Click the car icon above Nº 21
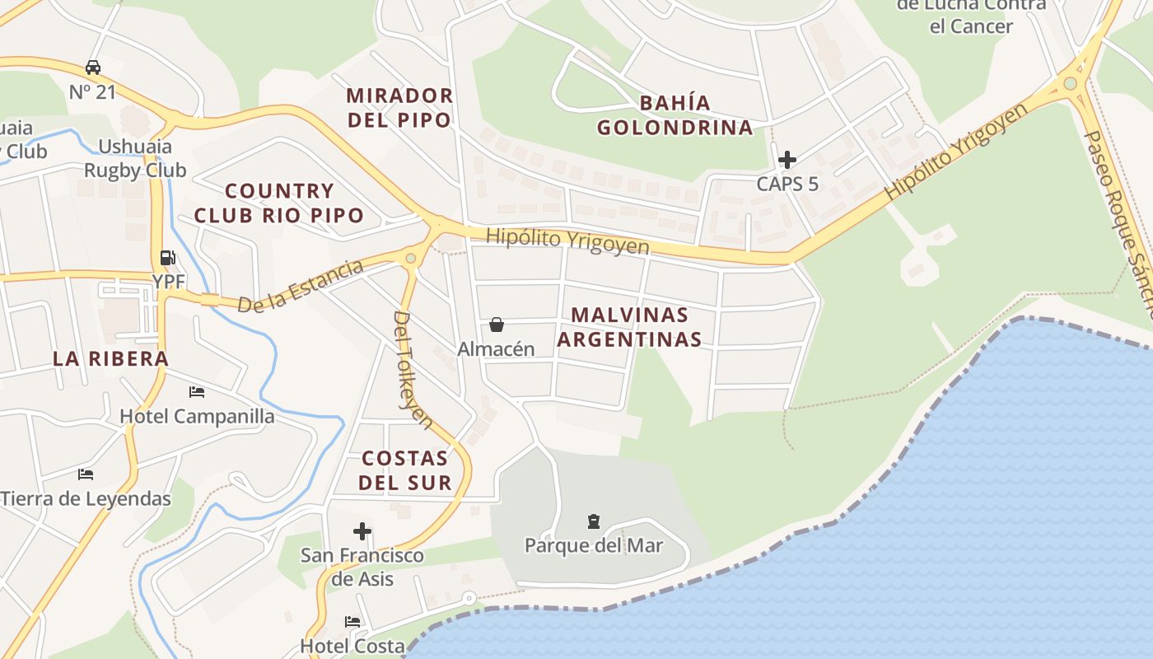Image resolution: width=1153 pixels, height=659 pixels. pos(93,68)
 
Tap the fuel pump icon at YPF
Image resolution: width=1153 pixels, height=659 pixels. pos(167,258)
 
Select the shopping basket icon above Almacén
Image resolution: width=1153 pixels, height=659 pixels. pos(497,325)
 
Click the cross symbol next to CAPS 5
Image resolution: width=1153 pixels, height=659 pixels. pos(787,159)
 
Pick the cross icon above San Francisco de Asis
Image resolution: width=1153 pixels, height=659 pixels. pos(362,531)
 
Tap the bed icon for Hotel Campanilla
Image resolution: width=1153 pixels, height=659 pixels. pos(197,392)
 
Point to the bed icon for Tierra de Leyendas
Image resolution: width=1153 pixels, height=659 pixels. pos(86,474)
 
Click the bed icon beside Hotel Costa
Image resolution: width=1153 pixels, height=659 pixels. pos(352,622)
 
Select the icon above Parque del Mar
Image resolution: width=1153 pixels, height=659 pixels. pos(594,521)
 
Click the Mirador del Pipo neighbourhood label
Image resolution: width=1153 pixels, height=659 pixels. pos(399,107)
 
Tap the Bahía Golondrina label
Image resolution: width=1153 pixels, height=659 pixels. pos(675,115)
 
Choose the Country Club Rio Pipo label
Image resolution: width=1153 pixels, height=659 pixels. pos(279,203)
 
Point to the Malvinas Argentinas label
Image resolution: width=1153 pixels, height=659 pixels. pos(630,327)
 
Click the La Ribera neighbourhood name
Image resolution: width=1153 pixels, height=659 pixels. pos(110,359)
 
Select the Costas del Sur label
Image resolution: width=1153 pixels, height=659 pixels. pos(406,470)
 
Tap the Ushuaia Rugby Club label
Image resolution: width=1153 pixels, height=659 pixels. pos(135,159)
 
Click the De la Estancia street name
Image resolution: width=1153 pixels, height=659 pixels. pos(301,286)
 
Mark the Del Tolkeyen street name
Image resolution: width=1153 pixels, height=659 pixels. pos(413,369)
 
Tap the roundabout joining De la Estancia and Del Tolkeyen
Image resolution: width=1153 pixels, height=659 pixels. pos(411,259)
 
